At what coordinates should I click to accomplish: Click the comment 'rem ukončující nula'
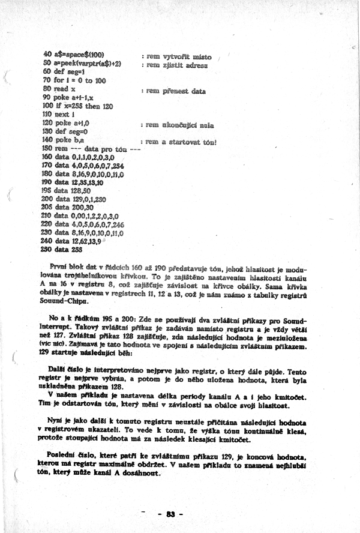180,125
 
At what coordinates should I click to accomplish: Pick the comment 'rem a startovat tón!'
181,142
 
